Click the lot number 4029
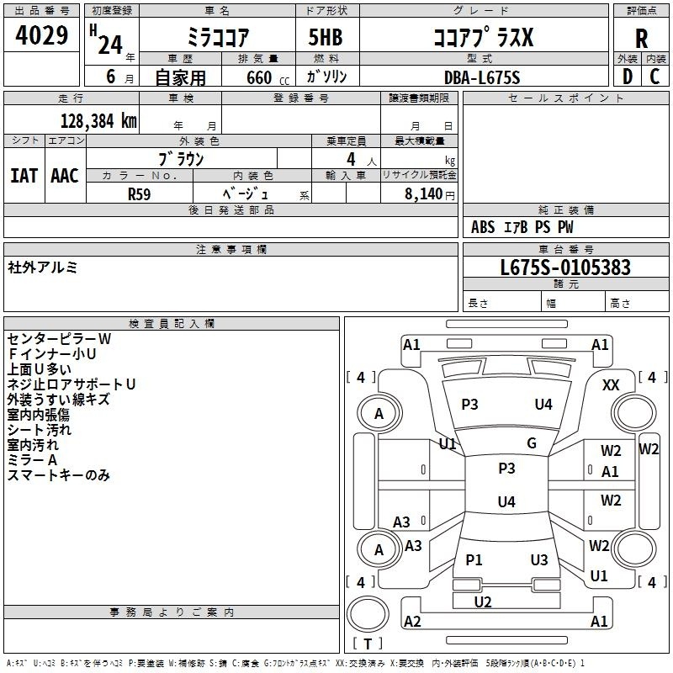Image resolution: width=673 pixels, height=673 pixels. [41, 35]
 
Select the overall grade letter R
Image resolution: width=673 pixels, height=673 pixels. [641, 39]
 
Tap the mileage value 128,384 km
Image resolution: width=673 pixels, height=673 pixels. [98, 121]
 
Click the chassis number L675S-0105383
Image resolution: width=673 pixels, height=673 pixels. [565, 268]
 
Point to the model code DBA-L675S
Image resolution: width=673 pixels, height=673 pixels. [482, 77]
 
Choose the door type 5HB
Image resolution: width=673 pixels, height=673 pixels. [326, 37]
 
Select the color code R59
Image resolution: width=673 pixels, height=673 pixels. [139, 194]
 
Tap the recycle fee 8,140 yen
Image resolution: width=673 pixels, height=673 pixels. [430, 194]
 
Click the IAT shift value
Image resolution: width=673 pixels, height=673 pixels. [24, 176]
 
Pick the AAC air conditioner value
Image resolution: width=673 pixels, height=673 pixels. [65, 176]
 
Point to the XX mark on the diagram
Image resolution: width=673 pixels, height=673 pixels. [611, 385]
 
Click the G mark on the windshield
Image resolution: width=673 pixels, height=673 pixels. [532, 443]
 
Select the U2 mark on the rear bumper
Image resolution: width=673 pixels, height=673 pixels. [483, 601]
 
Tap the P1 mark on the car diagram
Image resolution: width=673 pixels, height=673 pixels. [474, 559]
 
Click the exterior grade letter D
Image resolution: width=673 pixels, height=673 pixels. [627, 77]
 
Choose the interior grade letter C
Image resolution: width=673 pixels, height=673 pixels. [654, 77]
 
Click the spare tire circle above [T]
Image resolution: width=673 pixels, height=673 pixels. [368, 614]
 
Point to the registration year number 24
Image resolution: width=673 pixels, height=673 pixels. [110, 45]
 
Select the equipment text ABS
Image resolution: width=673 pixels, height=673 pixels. [483, 227]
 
